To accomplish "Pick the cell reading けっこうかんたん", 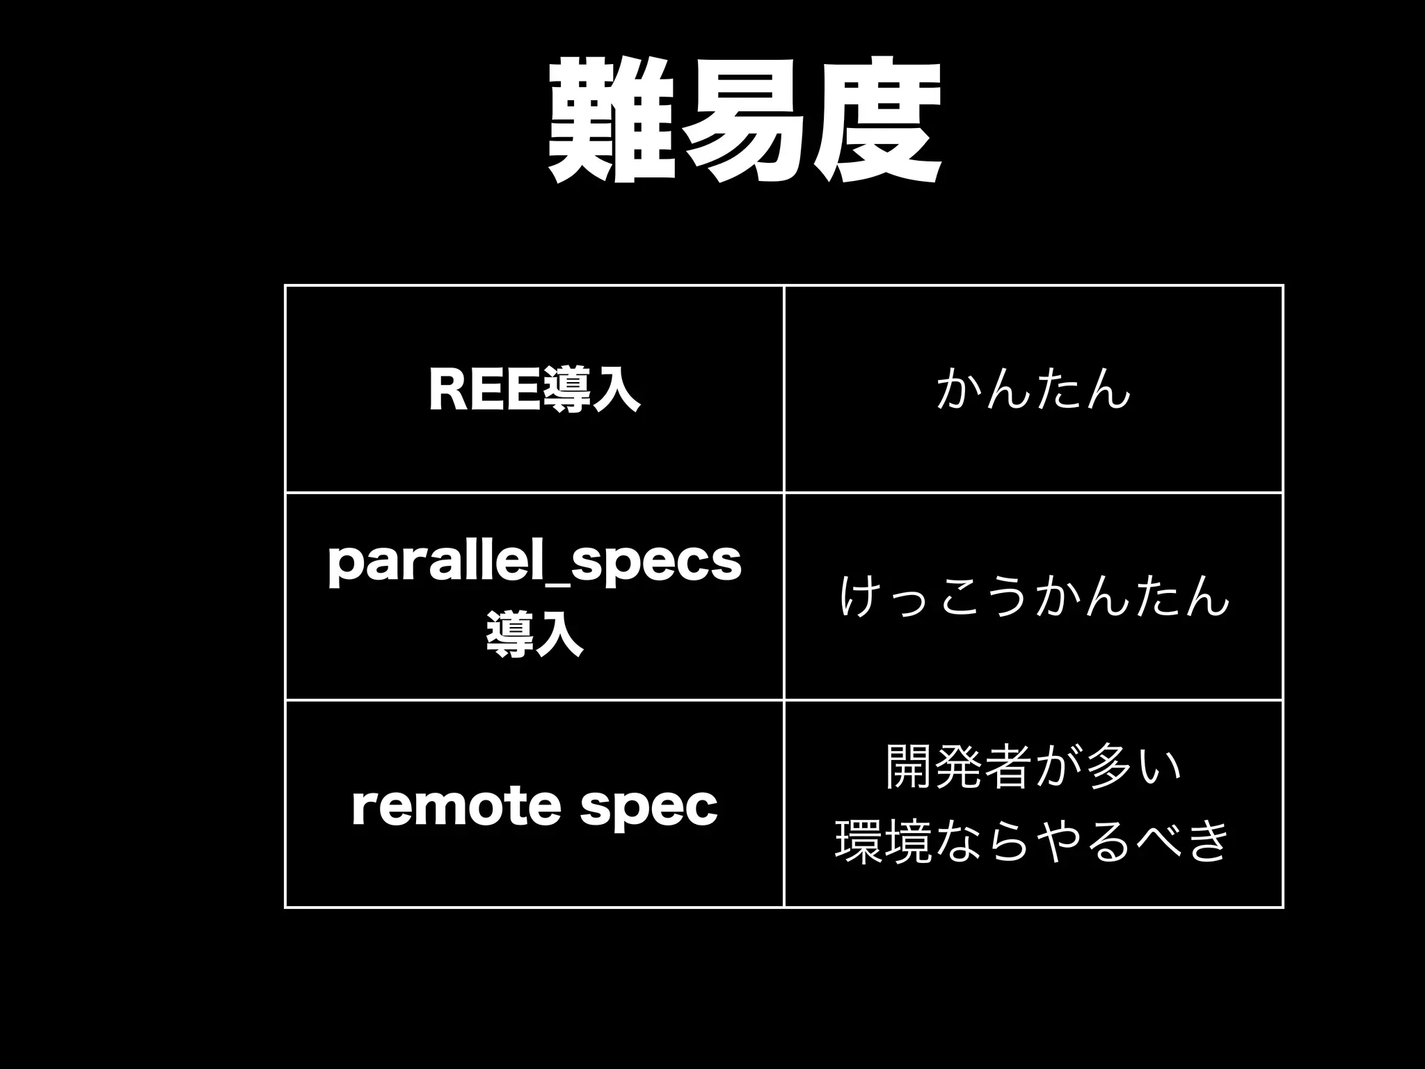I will pos(1033,597).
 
